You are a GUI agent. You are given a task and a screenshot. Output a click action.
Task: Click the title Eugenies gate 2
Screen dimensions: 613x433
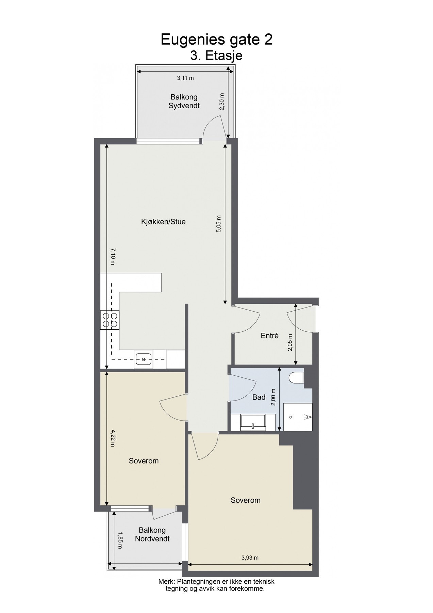216,40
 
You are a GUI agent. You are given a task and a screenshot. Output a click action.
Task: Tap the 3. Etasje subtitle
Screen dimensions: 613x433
216,56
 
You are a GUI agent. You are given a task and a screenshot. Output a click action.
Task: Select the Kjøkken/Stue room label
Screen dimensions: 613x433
163,222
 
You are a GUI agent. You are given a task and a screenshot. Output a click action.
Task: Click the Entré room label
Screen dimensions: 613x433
270,336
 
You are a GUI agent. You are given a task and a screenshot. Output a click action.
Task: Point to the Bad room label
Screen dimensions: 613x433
259,397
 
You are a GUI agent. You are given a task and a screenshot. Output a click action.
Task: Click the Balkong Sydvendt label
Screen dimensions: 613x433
184,101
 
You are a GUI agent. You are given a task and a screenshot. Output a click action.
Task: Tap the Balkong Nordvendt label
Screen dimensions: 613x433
152,534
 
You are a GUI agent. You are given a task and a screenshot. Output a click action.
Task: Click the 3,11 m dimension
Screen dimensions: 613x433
185,78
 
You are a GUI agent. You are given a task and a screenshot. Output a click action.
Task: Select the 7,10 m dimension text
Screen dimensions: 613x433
113,256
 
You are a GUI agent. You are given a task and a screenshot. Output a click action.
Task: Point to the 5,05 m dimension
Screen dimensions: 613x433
219,224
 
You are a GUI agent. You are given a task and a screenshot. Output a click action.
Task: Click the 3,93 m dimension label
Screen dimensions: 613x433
250,557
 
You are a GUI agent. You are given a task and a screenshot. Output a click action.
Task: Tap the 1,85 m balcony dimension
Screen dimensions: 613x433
120,540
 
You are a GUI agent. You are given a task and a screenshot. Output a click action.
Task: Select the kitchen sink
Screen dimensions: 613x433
144,359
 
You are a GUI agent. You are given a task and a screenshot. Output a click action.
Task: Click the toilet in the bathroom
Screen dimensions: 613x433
296,378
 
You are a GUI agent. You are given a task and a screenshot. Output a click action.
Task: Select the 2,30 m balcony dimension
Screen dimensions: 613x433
222,101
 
